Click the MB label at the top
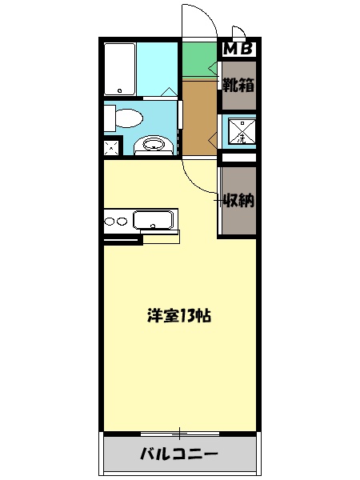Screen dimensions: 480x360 coord(238,49)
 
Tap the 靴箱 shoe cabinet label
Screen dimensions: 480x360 coord(238,83)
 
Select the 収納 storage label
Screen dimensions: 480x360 coord(238,200)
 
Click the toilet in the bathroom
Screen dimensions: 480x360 coord(124,118)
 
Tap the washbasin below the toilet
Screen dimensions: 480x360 coord(153,145)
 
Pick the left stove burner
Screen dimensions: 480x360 coord(110,221)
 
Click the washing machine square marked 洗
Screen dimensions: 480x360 coord(239,132)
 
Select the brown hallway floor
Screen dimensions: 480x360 coord(199,116)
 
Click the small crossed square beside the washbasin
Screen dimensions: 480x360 coord(112,147)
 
